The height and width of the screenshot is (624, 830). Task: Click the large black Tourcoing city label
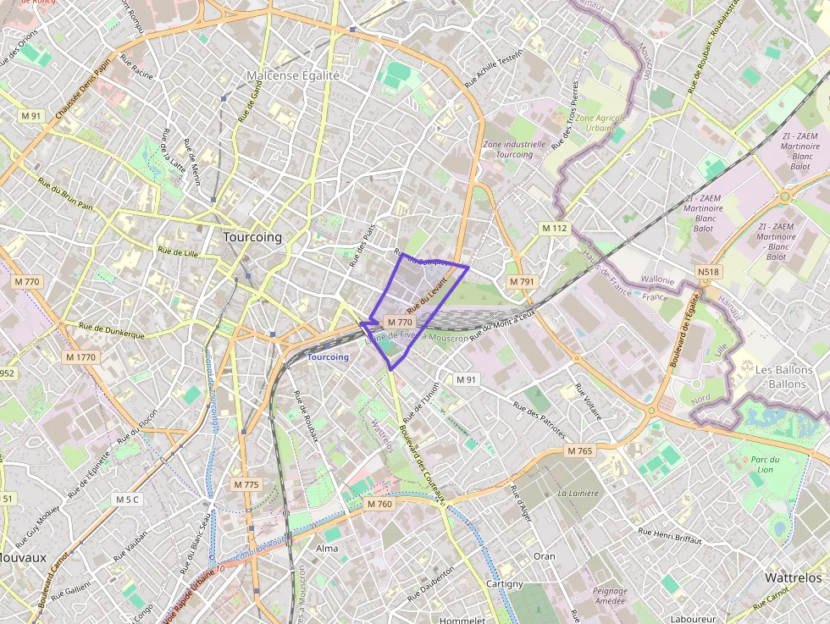coord(252,237)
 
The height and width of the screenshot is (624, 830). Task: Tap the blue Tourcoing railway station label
coord(328,357)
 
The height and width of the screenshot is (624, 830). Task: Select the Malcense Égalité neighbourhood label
coord(293,75)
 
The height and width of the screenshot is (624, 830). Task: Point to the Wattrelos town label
coord(793,577)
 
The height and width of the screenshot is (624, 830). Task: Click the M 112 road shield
coord(555,228)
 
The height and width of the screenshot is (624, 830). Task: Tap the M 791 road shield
coord(522,281)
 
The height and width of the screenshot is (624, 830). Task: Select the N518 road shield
coord(708,272)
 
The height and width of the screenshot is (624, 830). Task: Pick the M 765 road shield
coord(580,451)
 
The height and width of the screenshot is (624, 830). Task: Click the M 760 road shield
coord(380,505)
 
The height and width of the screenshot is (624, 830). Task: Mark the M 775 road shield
coord(246,484)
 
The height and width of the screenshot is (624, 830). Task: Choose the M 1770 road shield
coord(81,357)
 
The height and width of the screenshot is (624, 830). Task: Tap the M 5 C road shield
coord(126,500)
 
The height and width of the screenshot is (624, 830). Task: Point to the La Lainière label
coord(578,492)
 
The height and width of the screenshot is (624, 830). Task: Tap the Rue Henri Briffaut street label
coord(669,535)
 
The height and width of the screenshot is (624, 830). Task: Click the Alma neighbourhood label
coord(327,549)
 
